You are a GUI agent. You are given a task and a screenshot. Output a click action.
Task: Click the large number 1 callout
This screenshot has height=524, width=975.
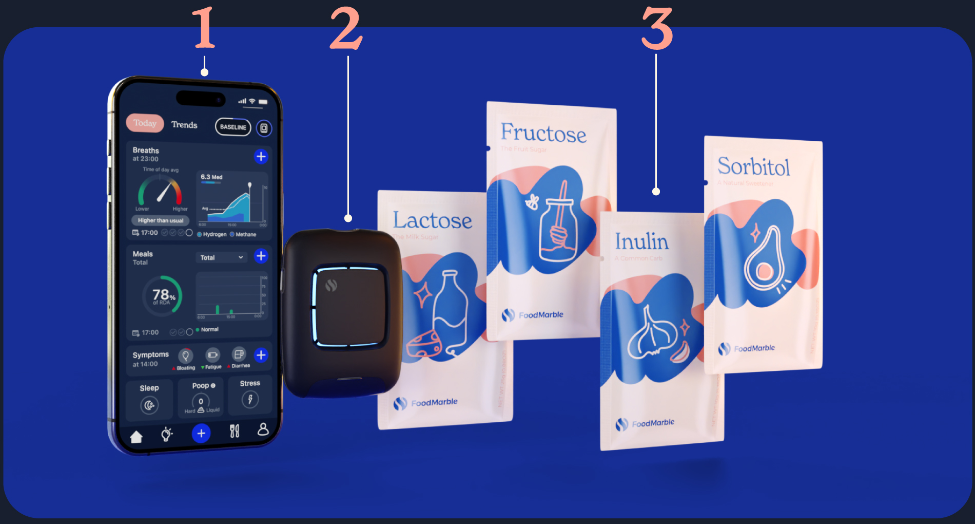204,28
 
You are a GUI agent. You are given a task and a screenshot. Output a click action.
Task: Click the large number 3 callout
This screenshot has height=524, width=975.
656,29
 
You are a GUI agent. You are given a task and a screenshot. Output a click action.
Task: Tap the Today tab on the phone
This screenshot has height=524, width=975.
145,123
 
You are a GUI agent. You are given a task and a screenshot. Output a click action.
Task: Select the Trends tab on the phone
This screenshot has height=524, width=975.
184,125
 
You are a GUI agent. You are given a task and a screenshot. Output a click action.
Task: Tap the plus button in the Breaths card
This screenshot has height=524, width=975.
261,156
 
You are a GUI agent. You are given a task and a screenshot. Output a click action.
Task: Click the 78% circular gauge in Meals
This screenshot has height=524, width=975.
163,295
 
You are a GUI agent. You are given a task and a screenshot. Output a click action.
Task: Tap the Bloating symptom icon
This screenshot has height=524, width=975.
185,355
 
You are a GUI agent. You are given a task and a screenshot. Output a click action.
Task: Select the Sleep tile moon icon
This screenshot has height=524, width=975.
149,405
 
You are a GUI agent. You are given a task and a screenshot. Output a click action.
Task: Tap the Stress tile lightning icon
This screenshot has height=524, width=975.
250,399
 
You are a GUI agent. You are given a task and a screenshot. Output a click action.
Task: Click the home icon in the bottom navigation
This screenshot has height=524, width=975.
136,437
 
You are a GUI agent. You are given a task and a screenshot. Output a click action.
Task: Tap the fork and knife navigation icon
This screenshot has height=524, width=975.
235,431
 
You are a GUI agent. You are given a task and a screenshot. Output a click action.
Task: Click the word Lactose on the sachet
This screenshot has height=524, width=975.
432,220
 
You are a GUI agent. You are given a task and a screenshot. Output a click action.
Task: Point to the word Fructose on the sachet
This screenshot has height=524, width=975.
543,133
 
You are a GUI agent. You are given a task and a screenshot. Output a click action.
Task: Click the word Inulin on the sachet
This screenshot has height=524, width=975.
641,241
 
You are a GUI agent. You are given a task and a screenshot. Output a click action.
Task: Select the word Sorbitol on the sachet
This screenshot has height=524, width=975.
753,166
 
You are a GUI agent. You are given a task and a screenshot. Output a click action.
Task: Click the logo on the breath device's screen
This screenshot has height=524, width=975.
331,285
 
